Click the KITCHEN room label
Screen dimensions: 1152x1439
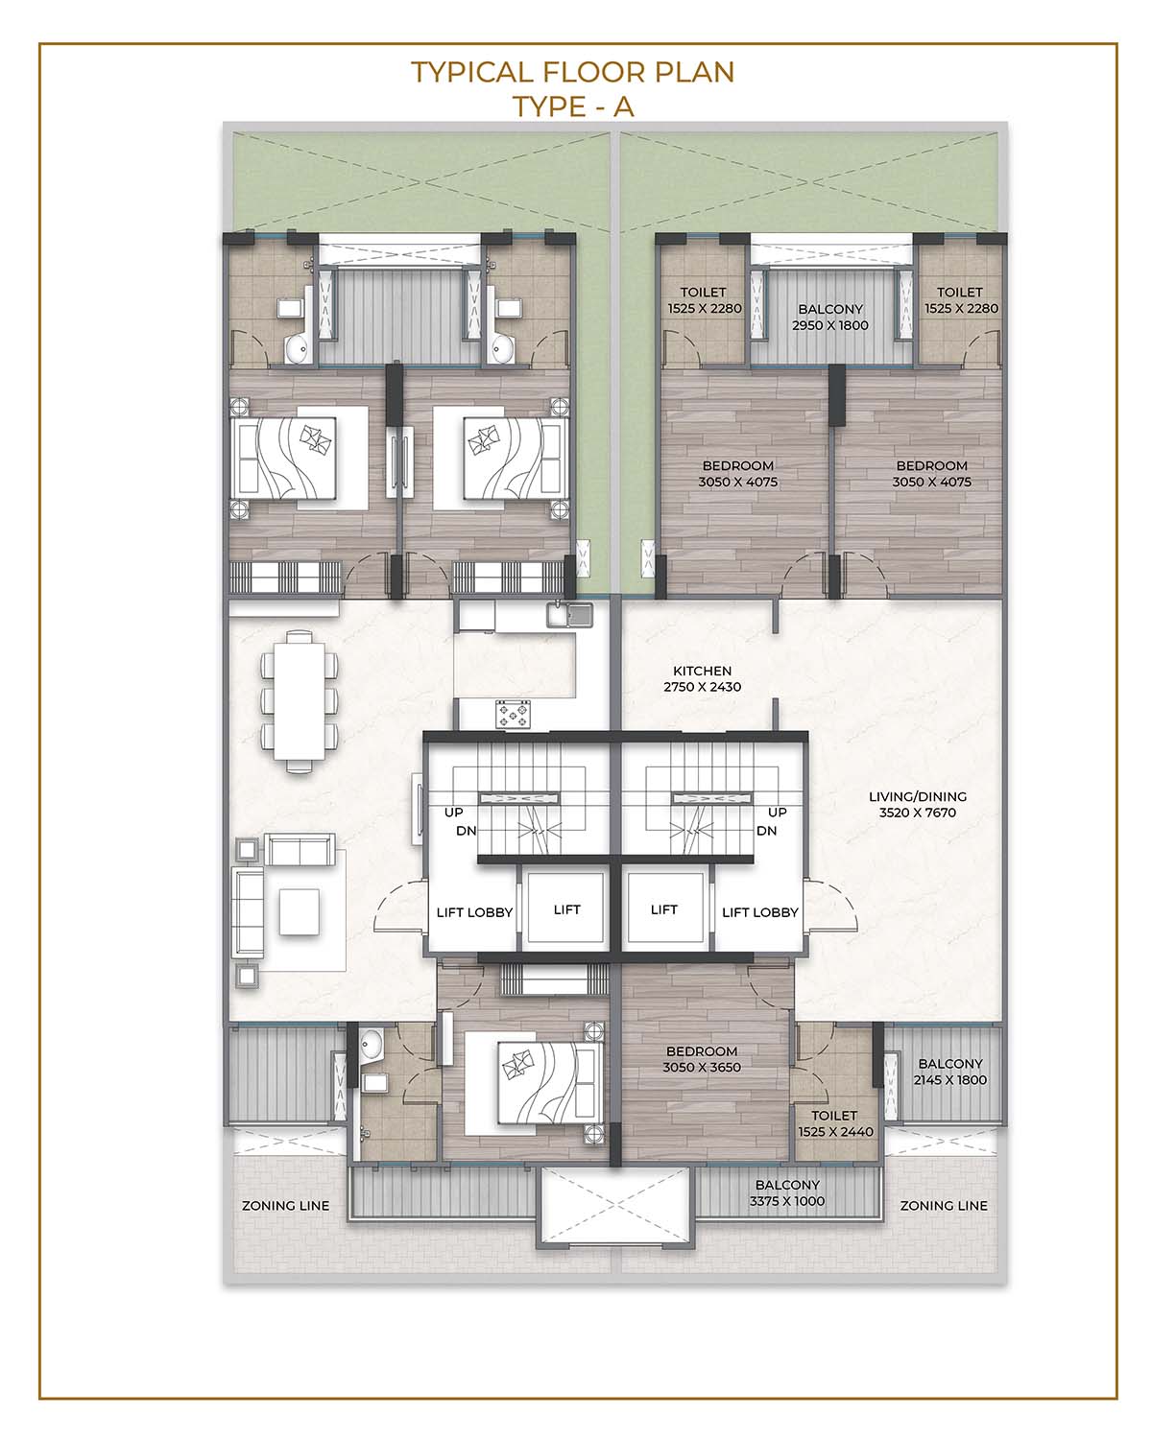coord(702,671)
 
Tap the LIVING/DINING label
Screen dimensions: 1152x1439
coord(917,796)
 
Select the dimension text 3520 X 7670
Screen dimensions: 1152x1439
coord(917,813)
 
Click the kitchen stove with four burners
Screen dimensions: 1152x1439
coord(512,714)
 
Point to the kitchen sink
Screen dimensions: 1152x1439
coord(569,614)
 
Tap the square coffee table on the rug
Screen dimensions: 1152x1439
coord(300,911)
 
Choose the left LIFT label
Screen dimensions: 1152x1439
coord(566,909)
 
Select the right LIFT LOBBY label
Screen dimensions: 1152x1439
coord(759,912)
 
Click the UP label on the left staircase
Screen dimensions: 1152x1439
coord(453,813)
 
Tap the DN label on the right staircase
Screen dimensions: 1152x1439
coord(766,831)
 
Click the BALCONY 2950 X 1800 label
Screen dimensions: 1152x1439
coord(830,317)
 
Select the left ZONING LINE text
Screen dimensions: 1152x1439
coord(286,1206)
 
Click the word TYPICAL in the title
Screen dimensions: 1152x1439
coord(472,72)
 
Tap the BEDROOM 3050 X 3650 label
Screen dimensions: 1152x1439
coord(702,1059)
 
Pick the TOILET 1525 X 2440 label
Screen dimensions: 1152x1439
coord(835,1123)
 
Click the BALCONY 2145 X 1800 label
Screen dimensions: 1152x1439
coord(949,1072)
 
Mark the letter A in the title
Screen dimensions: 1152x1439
coord(623,107)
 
